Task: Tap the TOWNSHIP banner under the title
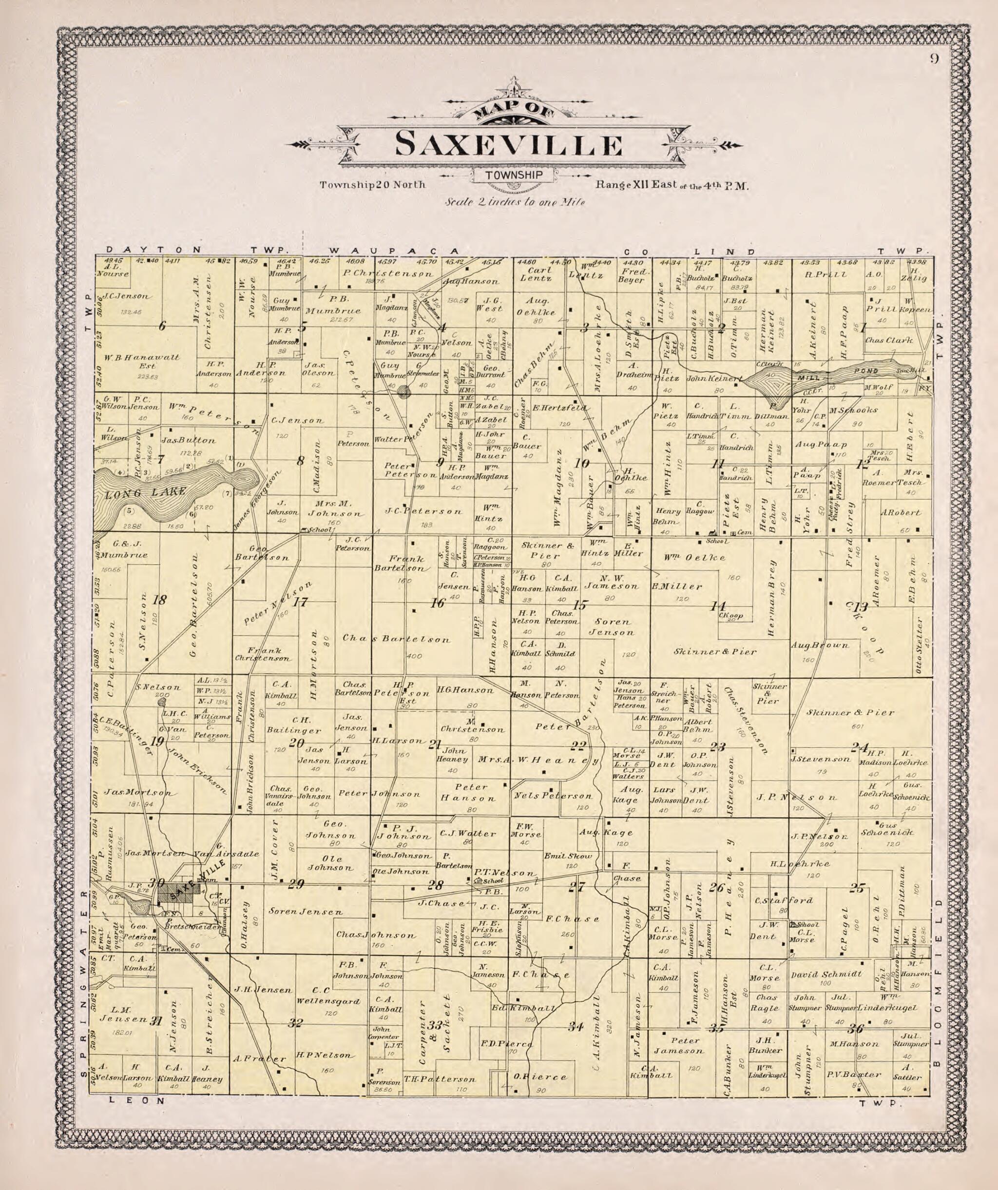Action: tap(514, 175)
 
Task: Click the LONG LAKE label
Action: tap(146, 491)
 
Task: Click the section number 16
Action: tap(437, 603)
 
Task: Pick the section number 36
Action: tap(855, 1029)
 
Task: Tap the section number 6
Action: tap(163, 326)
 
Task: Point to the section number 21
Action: tap(435, 744)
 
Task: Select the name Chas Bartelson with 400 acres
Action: tap(397, 640)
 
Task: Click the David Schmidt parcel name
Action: tap(826, 974)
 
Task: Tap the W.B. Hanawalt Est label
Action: tap(142, 361)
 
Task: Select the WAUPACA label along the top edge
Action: tap(392, 251)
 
